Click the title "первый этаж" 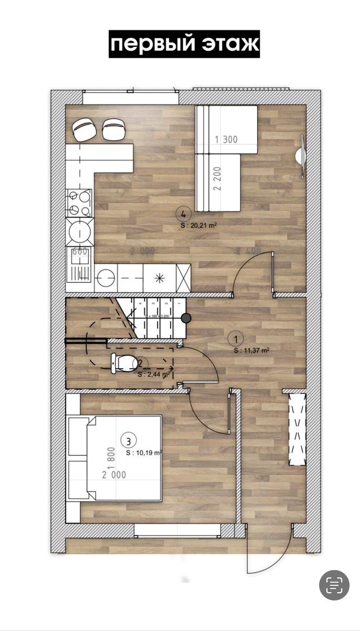[x=184, y=44]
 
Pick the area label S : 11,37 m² [x=252, y=349]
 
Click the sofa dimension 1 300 [x=227, y=139]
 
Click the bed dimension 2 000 [x=114, y=474]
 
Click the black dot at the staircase [x=186, y=318]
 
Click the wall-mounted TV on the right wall [x=301, y=156]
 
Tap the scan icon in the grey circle [x=334, y=585]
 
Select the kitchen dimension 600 [x=79, y=252]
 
